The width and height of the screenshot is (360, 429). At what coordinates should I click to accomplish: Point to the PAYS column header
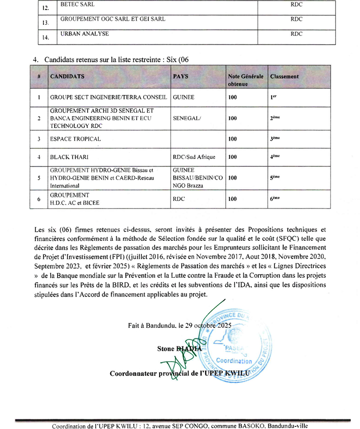181,76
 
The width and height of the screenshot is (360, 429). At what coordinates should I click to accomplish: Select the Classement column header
285,76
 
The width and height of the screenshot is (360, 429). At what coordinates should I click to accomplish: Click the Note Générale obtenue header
246,80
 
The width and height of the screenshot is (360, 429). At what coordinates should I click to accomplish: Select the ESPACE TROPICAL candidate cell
75,139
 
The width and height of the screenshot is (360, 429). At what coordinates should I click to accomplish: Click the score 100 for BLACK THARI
232,157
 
